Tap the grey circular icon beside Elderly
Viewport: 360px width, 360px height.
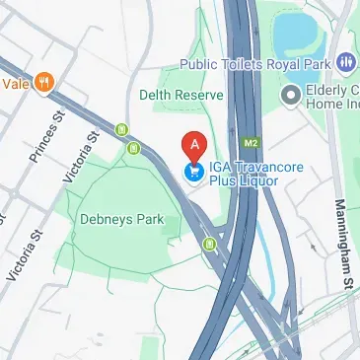click(x=290, y=95)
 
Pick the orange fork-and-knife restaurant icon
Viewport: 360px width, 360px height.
click(x=43, y=83)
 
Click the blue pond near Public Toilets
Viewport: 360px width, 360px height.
click(x=298, y=35)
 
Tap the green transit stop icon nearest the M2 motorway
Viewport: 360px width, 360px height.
click(x=209, y=243)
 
